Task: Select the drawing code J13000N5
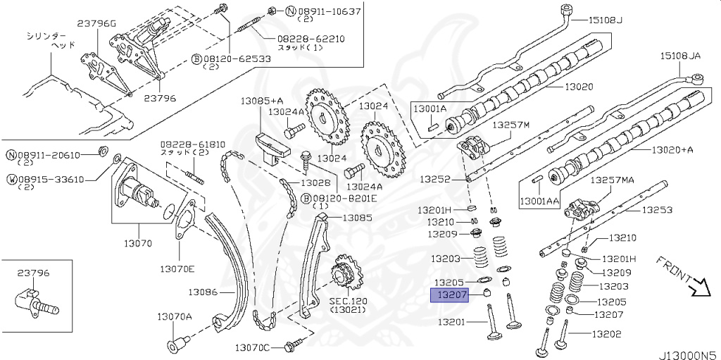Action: pyautogui.click(x=689, y=349)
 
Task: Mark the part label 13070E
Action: pyautogui.click(x=177, y=268)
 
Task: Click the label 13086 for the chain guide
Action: pyautogui.click(x=202, y=291)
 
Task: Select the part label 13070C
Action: pyautogui.click(x=253, y=347)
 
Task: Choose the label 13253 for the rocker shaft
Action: pyautogui.click(x=656, y=209)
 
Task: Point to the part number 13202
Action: pyautogui.click(x=607, y=334)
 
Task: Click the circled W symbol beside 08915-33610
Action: pyautogui.click(x=11, y=179)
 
